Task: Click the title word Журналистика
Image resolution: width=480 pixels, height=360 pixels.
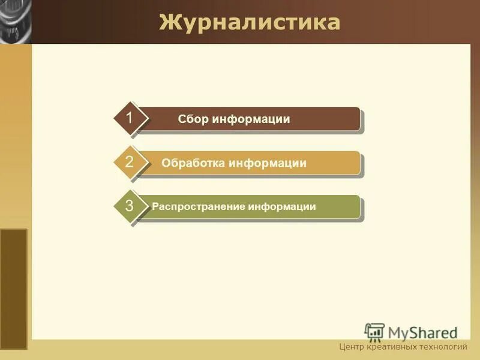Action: pyautogui.click(x=249, y=23)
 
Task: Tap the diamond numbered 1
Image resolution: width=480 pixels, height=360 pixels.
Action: pyautogui.click(x=130, y=118)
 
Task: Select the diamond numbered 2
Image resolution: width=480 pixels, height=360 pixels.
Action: pyautogui.click(x=130, y=162)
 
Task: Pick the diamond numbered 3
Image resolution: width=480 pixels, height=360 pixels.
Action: pyautogui.click(x=130, y=206)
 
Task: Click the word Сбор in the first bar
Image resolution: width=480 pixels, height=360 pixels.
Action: pyautogui.click(x=193, y=119)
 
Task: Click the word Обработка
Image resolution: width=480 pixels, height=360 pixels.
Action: pyautogui.click(x=193, y=163)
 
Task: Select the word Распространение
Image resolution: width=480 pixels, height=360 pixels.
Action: pyautogui.click(x=198, y=207)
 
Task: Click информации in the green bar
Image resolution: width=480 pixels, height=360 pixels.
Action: pyautogui.click(x=283, y=207)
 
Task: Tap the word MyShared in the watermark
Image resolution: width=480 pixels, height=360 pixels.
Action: pyautogui.click(x=422, y=333)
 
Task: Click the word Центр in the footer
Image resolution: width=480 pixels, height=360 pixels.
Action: pyautogui.click(x=352, y=347)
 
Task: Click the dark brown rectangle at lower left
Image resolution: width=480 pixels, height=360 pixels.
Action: pyautogui.click(x=13, y=288)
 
